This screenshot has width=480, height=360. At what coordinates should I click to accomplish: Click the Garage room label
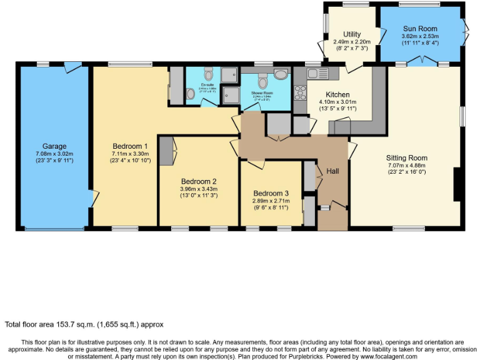tap(54, 146)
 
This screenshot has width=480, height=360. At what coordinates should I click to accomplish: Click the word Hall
tap(333, 171)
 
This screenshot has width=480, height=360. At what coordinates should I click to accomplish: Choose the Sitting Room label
tap(406, 158)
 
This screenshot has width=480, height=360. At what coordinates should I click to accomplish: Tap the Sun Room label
tap(420, 29)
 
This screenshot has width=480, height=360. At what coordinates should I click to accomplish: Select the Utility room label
tap(352, 34)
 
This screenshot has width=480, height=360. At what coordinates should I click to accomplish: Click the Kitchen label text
tap(337, 94)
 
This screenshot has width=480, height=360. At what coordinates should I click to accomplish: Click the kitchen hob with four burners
tap(299, 94)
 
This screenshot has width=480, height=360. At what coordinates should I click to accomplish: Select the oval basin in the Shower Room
tap(281, 74)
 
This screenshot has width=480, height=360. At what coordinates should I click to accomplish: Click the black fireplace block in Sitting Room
tap(457, 184)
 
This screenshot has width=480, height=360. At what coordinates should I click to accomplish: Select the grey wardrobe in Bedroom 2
tap(166, 151)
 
